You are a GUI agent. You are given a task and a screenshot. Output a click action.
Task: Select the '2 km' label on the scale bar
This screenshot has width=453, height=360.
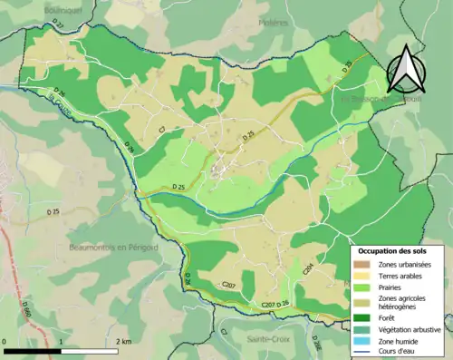122,341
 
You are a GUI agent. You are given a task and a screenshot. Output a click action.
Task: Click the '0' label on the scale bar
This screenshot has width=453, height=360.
6,341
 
